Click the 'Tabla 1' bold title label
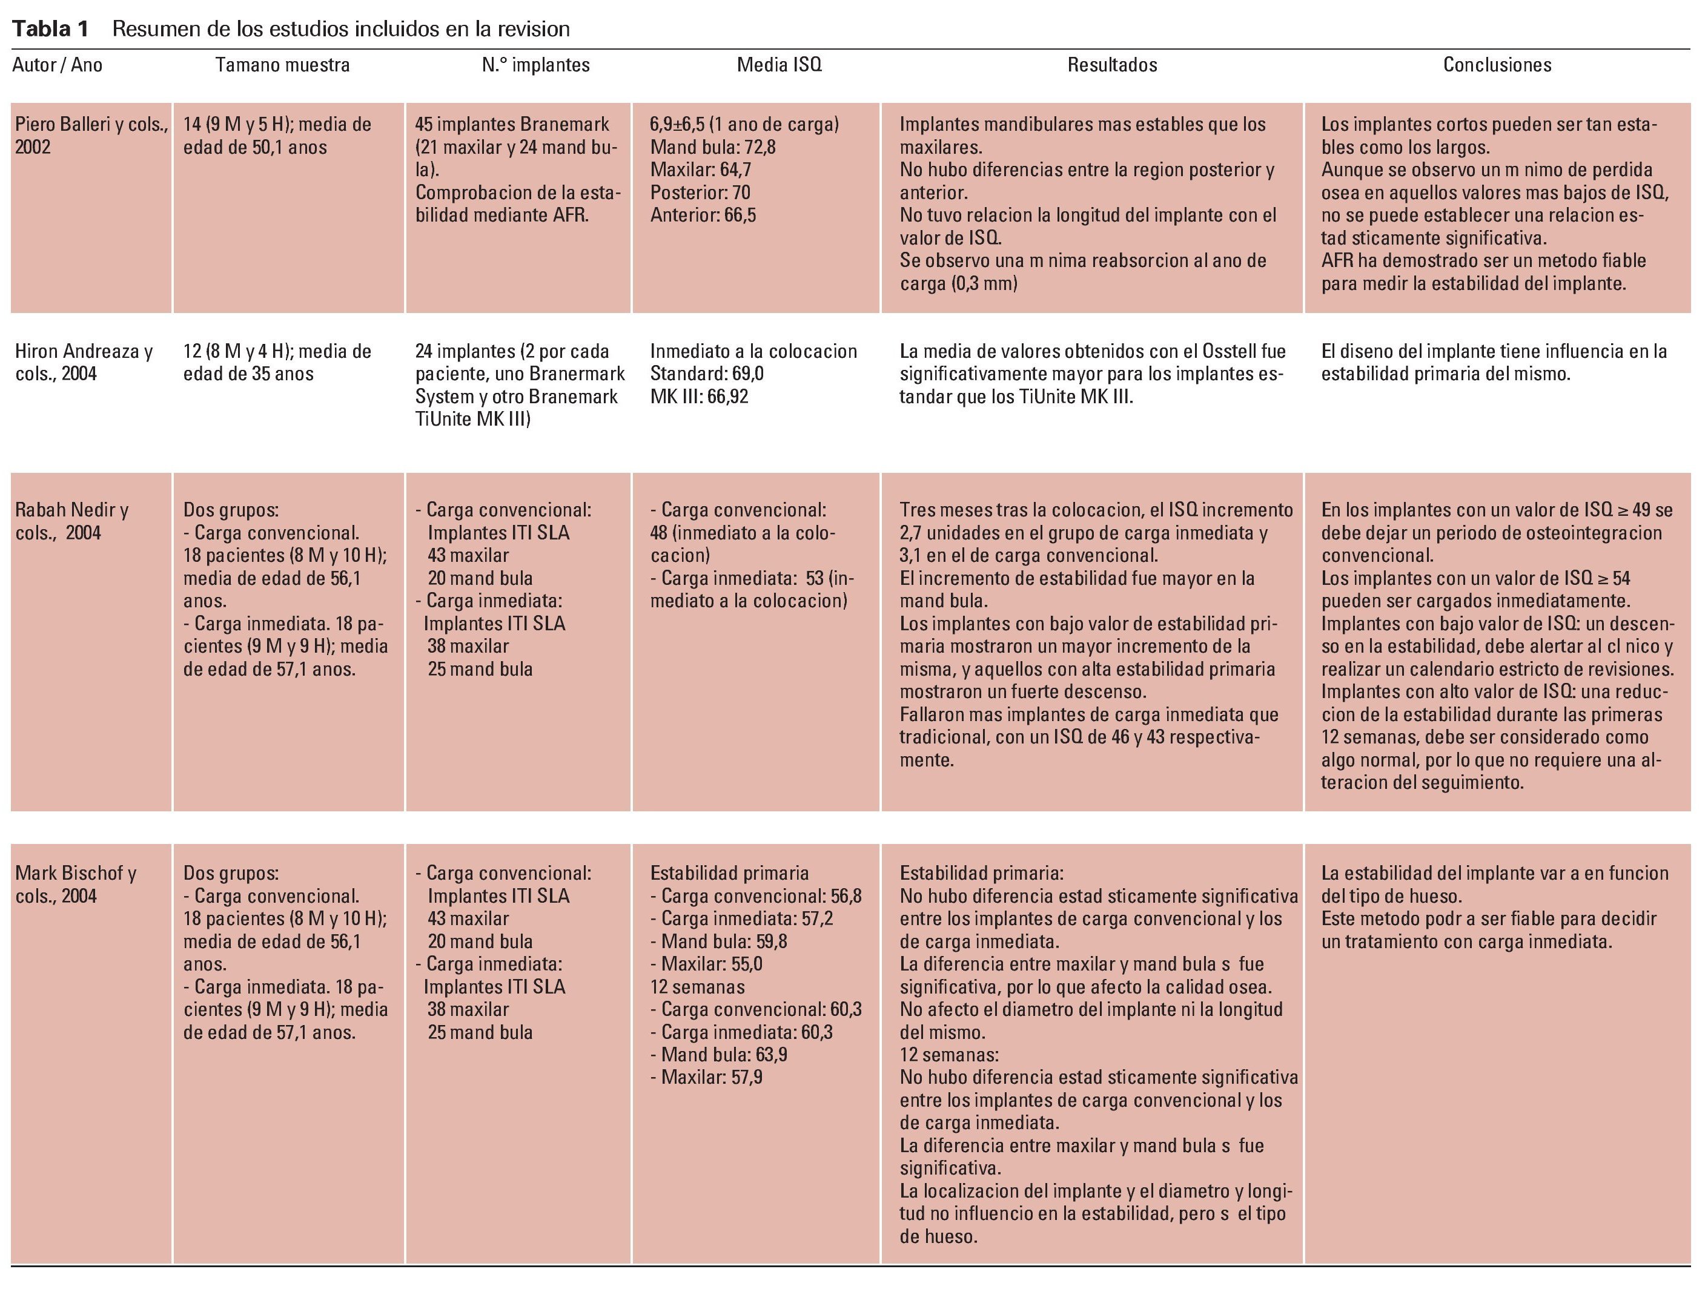point(50,29)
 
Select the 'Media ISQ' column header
point(778,65)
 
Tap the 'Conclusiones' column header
point(1497,65)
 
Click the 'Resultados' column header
point(1112,65)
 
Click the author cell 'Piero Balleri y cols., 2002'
point(91,135)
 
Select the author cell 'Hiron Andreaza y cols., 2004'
point(84,362)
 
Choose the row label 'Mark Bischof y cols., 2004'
point(75,885)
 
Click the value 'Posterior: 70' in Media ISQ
point(700,192)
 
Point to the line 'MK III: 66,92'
point(699,397)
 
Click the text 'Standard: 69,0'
point(707,374)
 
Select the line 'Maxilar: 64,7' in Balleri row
point(700,170)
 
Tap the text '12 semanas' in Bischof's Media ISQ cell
point(697,986)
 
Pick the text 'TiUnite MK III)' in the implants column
point(472,419)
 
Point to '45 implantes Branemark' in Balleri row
point(512,124)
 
